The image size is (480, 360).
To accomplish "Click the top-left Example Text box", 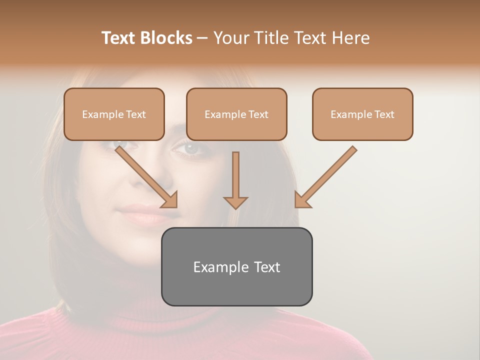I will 114,114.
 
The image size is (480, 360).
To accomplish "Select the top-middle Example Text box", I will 236,114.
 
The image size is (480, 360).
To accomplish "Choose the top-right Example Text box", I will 362,114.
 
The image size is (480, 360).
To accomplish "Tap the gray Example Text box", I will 236,267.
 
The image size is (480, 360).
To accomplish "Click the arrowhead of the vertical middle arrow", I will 235,202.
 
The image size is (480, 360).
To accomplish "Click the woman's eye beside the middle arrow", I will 191,148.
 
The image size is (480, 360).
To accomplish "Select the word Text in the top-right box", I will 384,114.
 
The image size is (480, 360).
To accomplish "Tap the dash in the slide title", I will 202,38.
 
